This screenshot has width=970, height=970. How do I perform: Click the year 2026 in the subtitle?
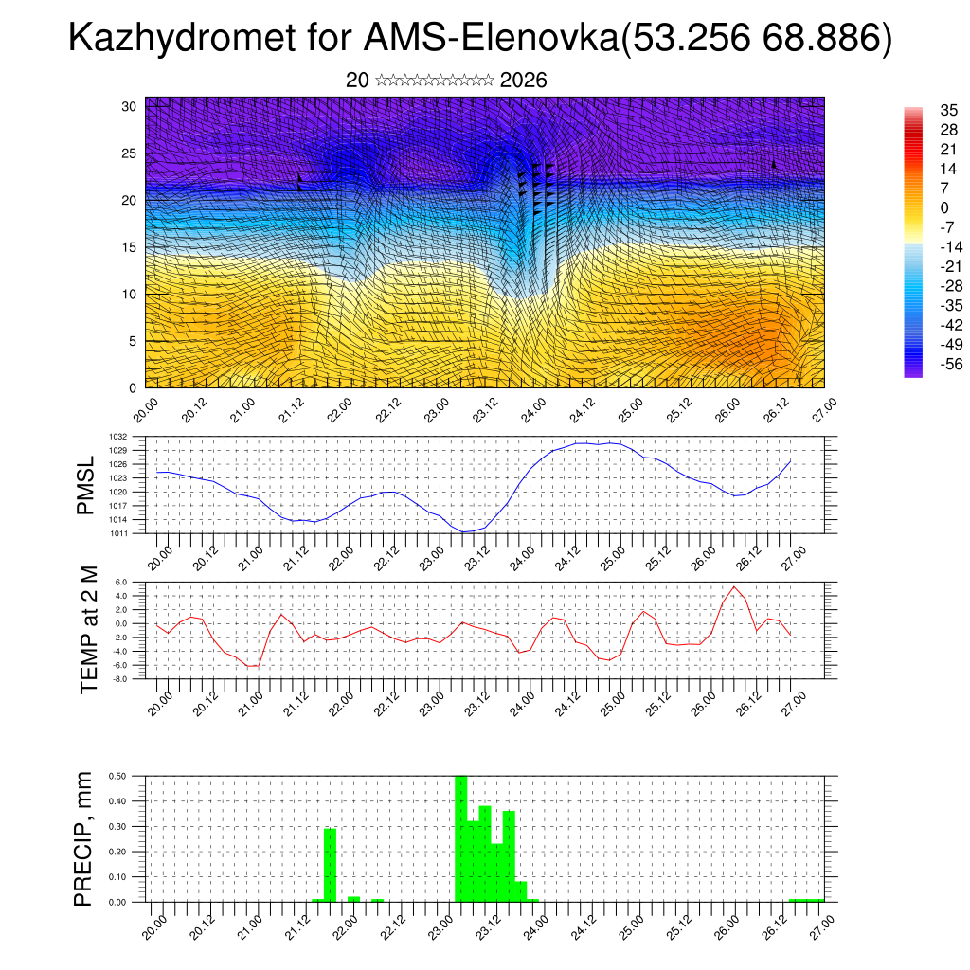pyautogui.click(x=523, y=81)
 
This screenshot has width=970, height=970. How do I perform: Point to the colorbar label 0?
pyautogui.click(x=943, y=207)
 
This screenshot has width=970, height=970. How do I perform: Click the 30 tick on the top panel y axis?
pyautogui.click(x=130, y=106)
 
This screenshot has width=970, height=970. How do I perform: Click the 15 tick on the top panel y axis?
pyautogui.click(x=130, y=247)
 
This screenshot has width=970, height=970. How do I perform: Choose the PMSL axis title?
pyautogui.click(x=86, y=485)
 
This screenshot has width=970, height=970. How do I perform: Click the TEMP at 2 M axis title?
pyautogui.click(x=89, y=629)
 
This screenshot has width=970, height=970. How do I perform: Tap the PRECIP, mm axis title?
pyautogui.click(x=84, y=838)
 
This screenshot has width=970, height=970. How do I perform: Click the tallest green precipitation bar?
pyautogui.click(x=461, y=838)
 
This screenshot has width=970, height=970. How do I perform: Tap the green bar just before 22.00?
pyautogui.click(x=330, y=865)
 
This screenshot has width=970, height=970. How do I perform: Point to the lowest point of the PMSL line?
pyautogui.click(x=464, y=532)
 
